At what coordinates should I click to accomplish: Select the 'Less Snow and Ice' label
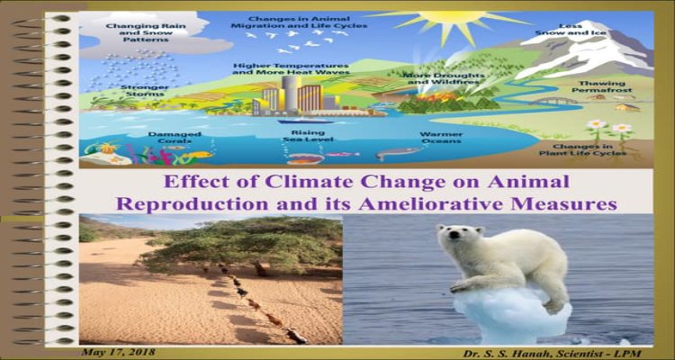(x=571, y=29)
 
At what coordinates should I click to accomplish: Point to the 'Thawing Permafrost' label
(x=605, y=86)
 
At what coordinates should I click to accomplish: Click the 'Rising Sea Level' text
(x=308, y=136)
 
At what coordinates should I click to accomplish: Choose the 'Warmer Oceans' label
(x=441, y=138)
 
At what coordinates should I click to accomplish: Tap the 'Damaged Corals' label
(x=175, y=138)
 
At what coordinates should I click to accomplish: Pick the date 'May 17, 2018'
(x=119, y=352)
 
